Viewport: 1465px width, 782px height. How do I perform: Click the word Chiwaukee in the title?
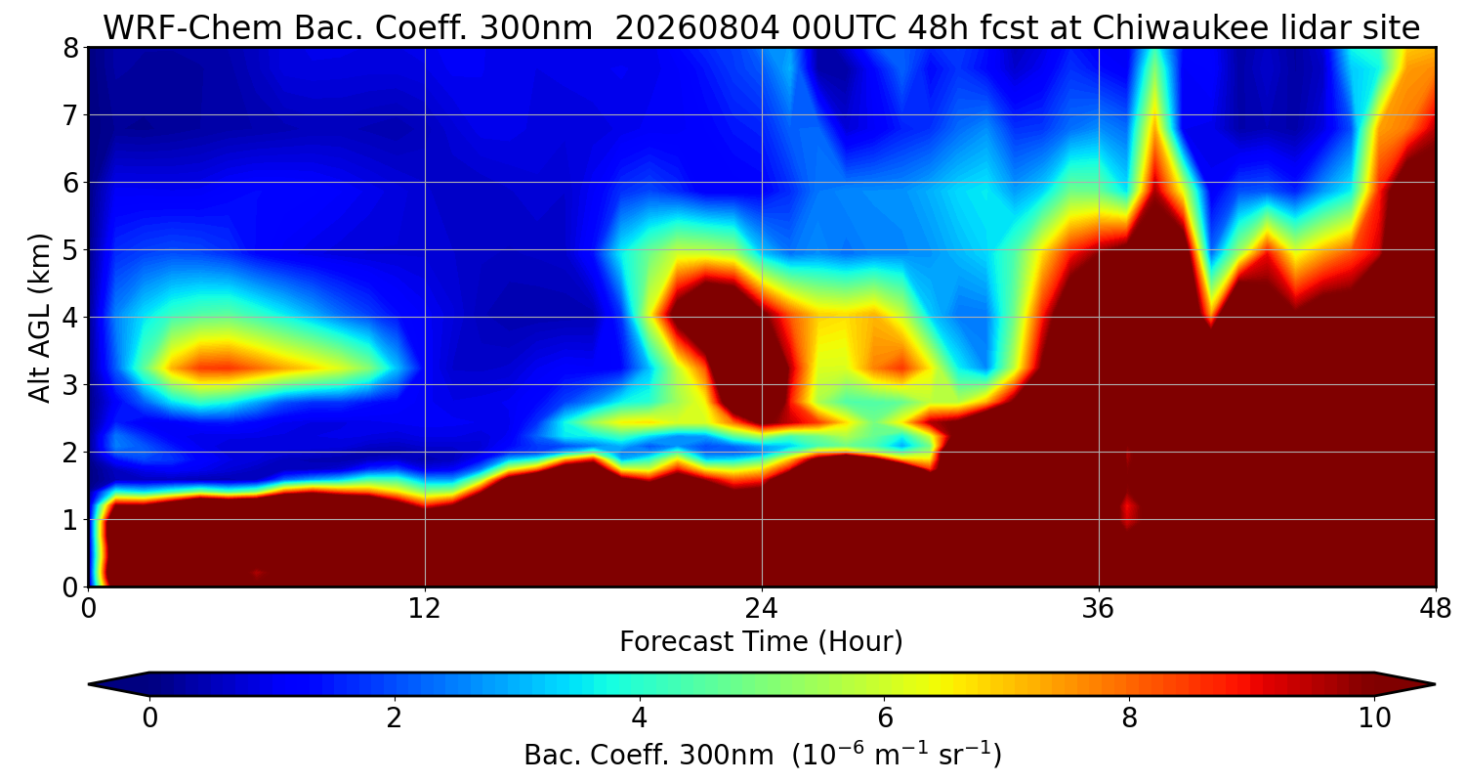pyautogui.click(x=1170, y=27)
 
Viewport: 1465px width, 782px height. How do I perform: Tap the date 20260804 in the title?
pyautogui.click(x=697, y=27)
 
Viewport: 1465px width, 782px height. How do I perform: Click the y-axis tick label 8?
pyautogui.click(x=70, y=49)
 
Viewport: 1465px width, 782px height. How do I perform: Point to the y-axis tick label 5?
pyautogui.click(x=70, y=250)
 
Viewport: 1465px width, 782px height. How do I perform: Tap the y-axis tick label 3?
pyautogui.click(x=70, y=385)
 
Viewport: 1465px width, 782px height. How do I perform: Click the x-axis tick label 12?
pyautogui.click(x=425, y=609)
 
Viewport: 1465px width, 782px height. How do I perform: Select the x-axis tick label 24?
pyautogui.click(x=762, y=609)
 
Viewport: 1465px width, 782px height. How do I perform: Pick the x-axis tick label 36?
pyautogui.click(x=1099, y=609)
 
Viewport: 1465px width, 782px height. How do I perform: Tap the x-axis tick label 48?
pyautogui.click(x=1435, y=609)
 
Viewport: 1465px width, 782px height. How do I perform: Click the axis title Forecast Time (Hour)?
pyautogui.click(x=761, y=641)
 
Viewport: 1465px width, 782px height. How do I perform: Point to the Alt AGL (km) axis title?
pyautogui.click(x=39, y=318)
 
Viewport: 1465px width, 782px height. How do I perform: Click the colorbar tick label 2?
pyautogui.click(x=394, y=718)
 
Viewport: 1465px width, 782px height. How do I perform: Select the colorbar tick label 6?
pyautogui.click(x=884, y=718)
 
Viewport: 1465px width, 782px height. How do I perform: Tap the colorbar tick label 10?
pyautogui.click(x=1374, y=718)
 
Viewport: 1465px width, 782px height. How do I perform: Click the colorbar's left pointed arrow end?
pyautogui.click(x=90, y=684)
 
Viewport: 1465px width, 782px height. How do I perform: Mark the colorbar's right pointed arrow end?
pyautogui.click(x=1434, y=684)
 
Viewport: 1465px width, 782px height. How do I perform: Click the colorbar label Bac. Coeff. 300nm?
pyautogui.click(x=649, y=756)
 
